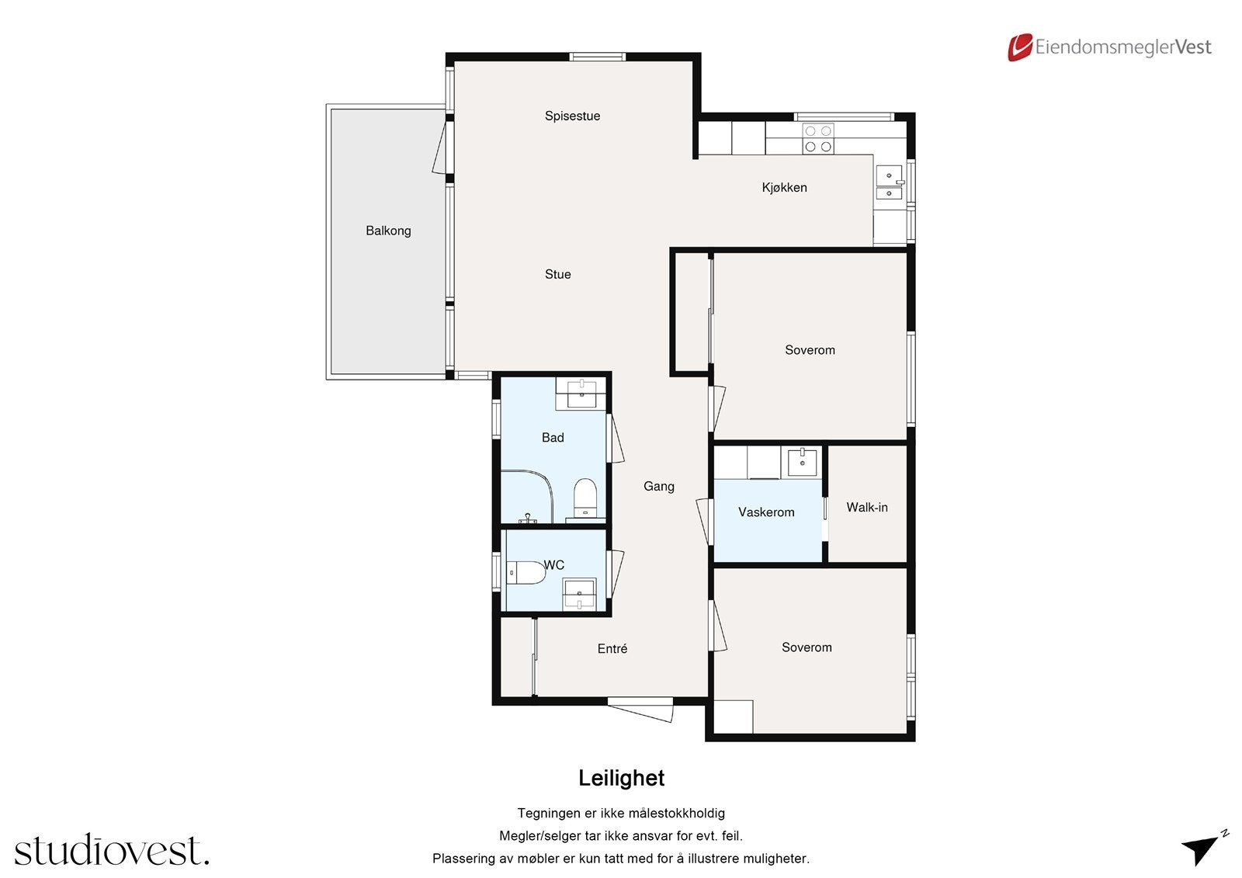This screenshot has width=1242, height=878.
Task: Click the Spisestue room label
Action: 572,116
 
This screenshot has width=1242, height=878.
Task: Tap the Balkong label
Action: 388,231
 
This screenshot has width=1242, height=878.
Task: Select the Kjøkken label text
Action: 784,187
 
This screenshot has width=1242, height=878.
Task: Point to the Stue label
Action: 558,274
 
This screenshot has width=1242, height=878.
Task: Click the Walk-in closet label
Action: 866,507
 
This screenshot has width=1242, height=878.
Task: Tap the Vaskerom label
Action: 766,512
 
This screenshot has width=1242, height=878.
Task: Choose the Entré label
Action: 612,648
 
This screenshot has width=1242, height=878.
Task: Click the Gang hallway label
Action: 659,487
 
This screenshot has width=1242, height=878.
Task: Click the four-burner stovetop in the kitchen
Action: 818,139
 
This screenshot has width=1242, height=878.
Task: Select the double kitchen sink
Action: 890,182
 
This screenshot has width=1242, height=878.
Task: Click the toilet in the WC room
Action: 526,572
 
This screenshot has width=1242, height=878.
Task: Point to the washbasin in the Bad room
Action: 581,394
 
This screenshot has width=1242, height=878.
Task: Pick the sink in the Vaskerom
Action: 803,461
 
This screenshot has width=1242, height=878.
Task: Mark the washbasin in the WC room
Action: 579,594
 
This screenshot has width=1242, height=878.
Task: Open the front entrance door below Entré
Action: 640,710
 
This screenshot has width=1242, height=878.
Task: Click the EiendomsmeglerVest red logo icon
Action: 1020,47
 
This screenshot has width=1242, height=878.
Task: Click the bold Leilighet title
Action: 621,778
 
